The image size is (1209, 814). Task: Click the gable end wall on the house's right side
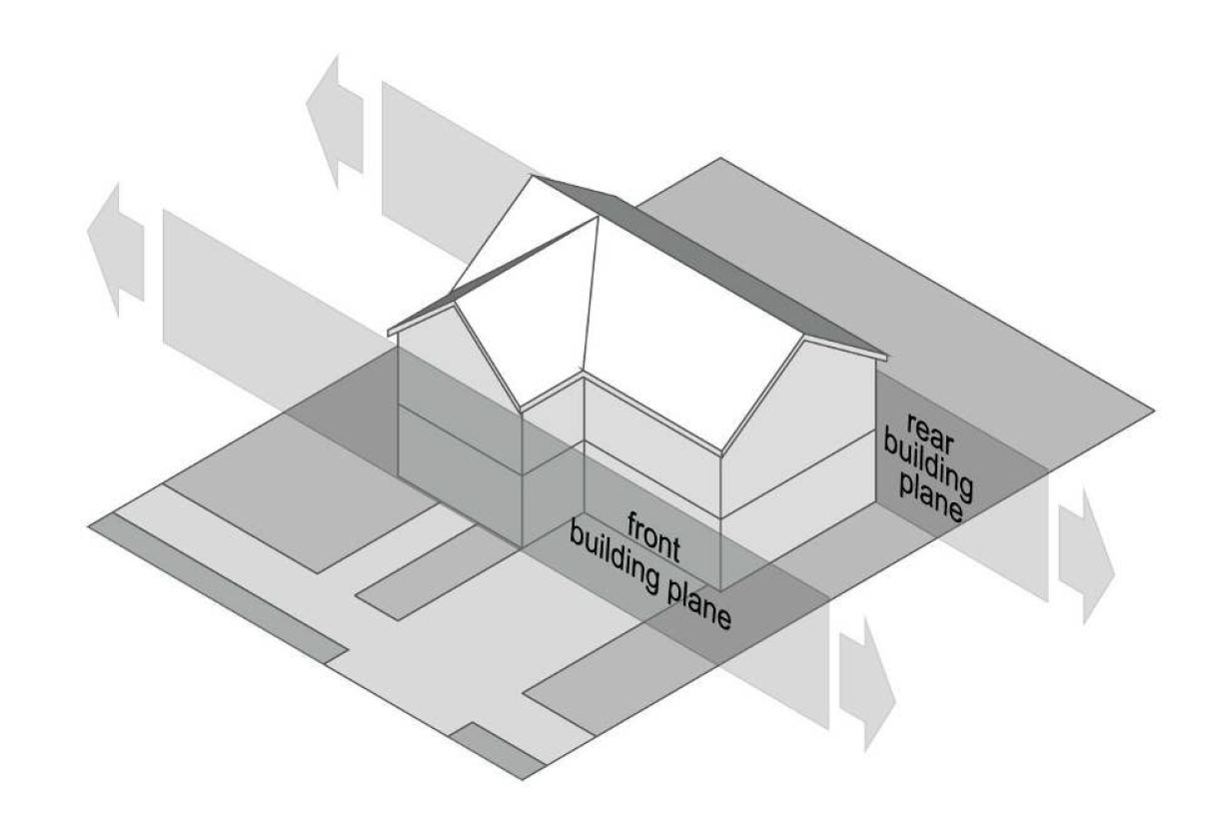point(799,419)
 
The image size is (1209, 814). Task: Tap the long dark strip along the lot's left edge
point(220,589)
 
